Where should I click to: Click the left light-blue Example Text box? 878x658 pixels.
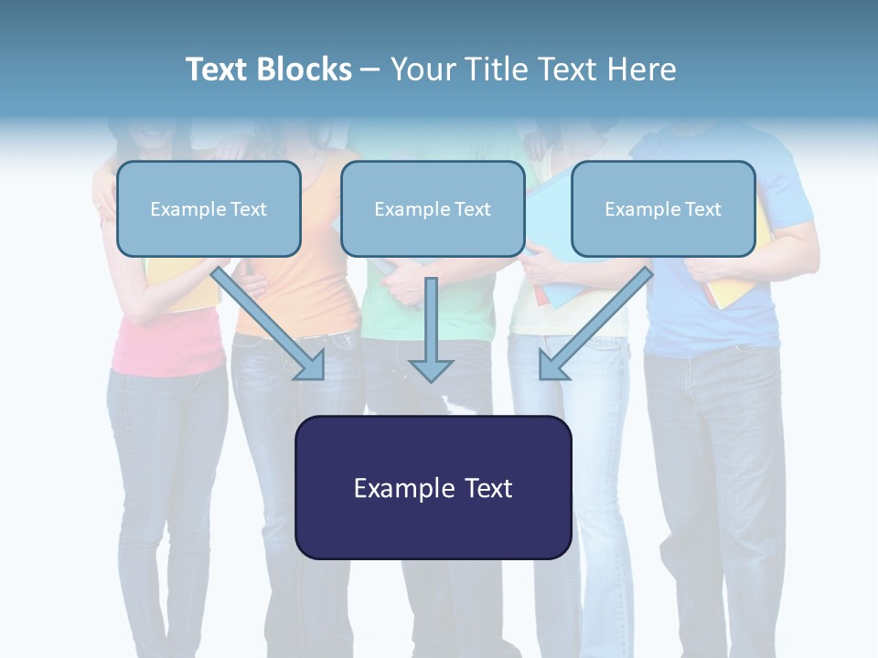point(209,208)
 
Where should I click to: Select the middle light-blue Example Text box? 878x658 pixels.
point(433,208)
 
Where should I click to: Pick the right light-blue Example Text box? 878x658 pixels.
point(663,208)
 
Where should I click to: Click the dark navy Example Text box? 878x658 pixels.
point(434,488)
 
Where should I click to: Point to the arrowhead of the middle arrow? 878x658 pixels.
point(431,368)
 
